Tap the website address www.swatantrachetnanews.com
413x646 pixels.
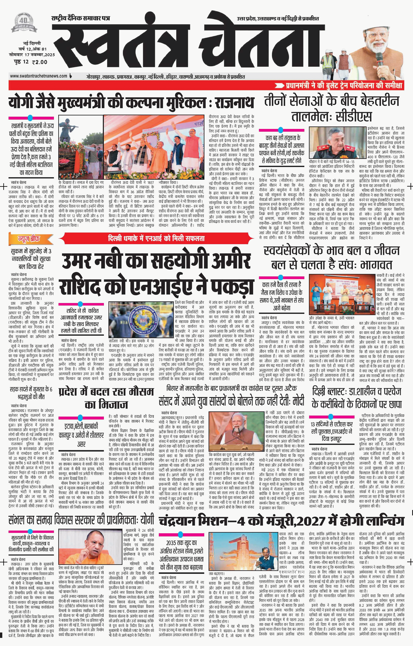tap(38, 76)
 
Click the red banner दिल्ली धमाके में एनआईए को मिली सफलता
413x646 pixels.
tap(156, 238)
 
